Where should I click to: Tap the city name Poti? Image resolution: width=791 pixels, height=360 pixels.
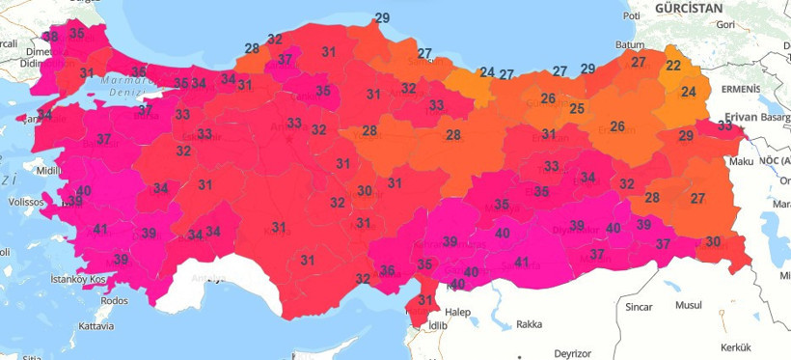tap(633, 15)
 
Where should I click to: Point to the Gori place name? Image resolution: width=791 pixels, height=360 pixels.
tap(726, 24)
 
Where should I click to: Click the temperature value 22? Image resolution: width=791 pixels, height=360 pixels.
tap(673, 66)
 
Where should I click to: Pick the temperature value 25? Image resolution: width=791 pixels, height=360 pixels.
tap(577, 108)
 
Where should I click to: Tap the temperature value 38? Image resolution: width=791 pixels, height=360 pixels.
tap(51, 37)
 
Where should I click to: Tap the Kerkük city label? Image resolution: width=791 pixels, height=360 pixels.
tap(735, 346)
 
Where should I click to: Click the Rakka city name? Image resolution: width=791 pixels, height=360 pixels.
tap(530, 324)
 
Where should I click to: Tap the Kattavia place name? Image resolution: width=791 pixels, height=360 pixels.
tap(95, 326)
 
